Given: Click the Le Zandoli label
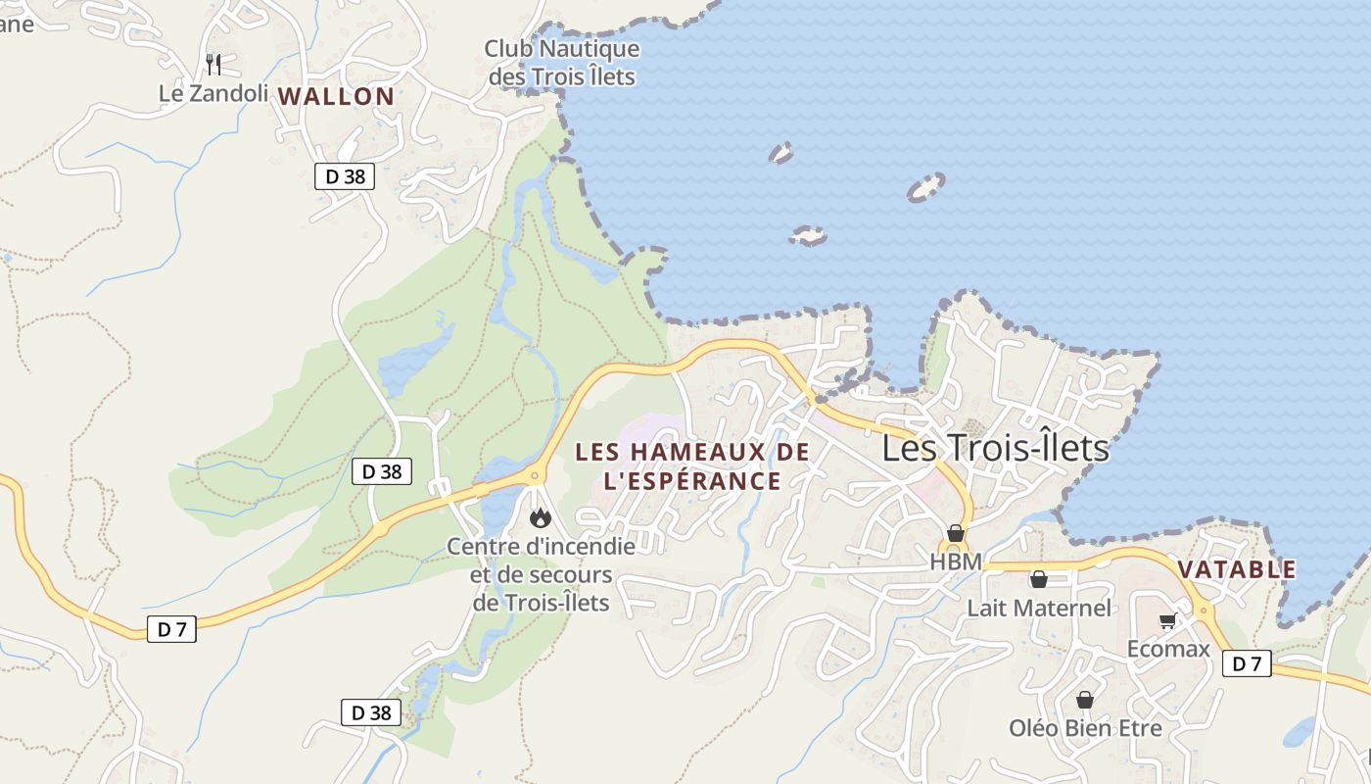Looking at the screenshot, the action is (x=213, y=93).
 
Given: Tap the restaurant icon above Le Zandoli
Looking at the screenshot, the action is (x=213, y=65).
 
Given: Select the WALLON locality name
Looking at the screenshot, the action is (x=336, y=96).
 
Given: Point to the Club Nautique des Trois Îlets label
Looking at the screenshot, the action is (x=562, y=62).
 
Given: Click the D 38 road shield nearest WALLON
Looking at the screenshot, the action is (x=345, y=176).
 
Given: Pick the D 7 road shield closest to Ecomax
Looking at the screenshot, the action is (x=1247, y=663).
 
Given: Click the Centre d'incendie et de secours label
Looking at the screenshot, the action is (x=542, y=573).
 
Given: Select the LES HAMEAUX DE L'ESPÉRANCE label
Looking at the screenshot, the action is (x=692, y=465).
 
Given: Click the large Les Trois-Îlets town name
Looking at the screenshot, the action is (x=995, y=448).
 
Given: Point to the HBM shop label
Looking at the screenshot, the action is (x=956, y=562).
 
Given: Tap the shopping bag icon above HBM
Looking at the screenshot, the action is (x=956, y=534).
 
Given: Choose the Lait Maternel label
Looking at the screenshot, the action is (x=1039, y=608).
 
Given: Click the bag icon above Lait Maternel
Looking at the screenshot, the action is (x=1039, y=580).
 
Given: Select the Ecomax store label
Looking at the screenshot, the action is (x=1168, y=649).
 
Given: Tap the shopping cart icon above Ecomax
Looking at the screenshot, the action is (x=1167, y=621).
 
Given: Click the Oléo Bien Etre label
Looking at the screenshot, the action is (x=1085, y=728).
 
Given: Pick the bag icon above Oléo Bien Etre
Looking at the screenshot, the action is (x=1085, y=701).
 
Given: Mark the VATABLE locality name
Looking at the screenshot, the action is (x=1237, y=569).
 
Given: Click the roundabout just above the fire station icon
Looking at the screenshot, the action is (x=535, y=477).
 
